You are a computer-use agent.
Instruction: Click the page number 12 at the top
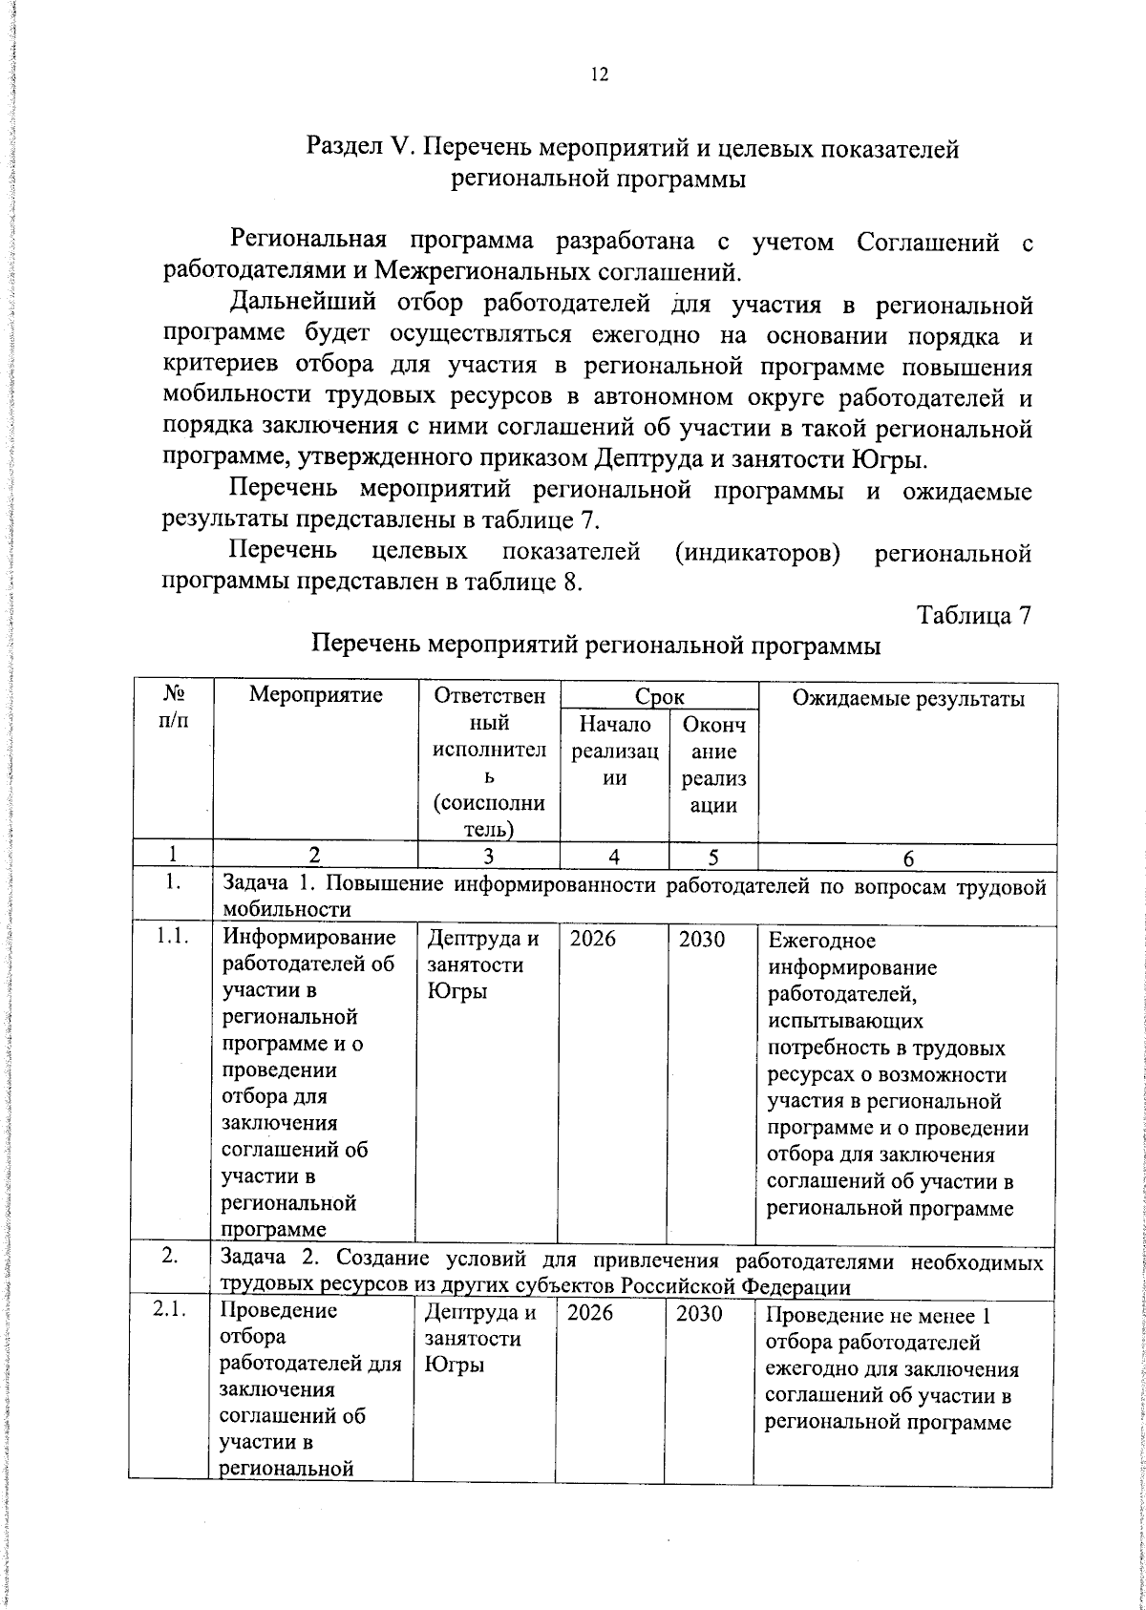pyautogui.click(x=600, y=76)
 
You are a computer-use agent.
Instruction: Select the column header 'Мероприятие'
pyautogui.click(x=315, y=696)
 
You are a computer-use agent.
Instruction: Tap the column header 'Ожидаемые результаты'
pyautogui.click(x=908, y=699)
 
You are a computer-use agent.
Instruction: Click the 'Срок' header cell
pyautogui.click(x=659, y=696)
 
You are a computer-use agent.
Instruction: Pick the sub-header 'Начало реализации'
pyautogui.click(x=615, y=752)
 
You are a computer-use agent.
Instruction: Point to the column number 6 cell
pyautogui.click(x=908, y=858)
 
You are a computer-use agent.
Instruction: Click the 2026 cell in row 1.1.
pyautogui.click(x=593, y=940)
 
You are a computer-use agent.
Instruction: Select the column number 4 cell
pyautogui.click(x=615, y=858)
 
